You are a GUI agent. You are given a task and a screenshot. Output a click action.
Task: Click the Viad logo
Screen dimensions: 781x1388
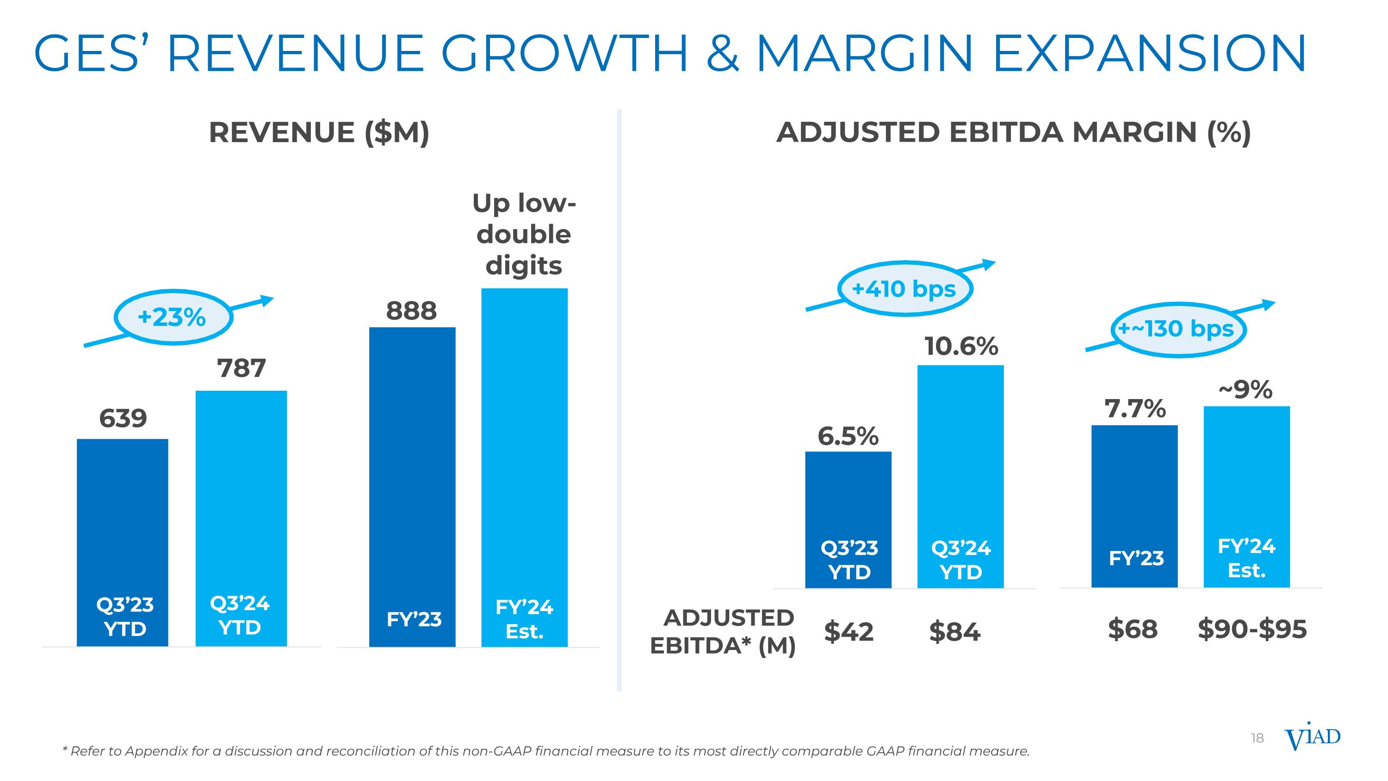[x=1312, y=747]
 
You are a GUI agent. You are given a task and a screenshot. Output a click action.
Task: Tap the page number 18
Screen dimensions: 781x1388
[x=1257, y=753]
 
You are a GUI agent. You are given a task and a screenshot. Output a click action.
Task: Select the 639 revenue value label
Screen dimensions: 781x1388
[x=123, y=418]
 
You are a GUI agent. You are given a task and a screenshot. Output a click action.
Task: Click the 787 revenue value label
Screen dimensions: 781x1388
[x=242, y=369]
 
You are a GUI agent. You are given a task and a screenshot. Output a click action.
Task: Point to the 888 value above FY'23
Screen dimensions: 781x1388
[x=412, y=311]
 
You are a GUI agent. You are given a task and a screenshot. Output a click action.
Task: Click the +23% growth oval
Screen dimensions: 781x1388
[x=173, y=317]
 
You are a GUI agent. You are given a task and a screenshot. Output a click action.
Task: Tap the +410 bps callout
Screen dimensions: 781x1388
[x=904, y=289]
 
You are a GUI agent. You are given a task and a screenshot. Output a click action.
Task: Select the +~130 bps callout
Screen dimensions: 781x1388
[x=1177, y=329]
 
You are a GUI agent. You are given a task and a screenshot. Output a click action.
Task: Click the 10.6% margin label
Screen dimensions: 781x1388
[x=961, y=346]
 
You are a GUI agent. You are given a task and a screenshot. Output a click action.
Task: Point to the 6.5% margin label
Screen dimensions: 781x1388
[x=848, y=436]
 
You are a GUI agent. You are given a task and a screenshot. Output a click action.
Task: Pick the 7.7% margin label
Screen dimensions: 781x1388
[x=1135, y=409]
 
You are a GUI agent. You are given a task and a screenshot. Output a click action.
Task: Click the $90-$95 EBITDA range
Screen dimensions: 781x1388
[x=1252, y=629]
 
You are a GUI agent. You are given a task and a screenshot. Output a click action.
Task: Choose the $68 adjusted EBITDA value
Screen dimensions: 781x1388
[x=1133, y=629]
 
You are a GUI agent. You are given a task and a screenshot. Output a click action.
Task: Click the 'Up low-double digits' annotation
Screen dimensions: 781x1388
[x=524, y=234]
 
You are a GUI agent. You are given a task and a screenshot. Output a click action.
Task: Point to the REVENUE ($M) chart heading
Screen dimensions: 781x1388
[x=319, y=132]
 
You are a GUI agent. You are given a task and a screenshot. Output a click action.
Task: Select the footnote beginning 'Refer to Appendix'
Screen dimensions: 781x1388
[x=546, y=751]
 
